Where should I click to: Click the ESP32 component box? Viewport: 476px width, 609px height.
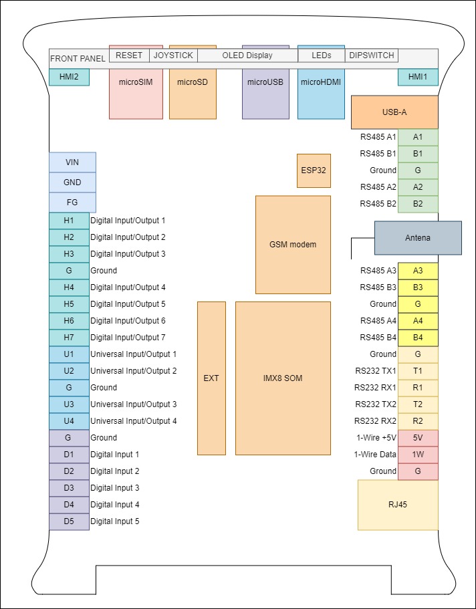click(314, 170)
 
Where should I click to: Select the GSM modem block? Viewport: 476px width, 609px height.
click(293, 244)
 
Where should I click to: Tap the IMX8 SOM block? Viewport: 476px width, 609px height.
click(283, 378)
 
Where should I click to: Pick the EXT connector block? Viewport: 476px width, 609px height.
click(211, 378)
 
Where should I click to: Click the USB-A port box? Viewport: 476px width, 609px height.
click(394, 112)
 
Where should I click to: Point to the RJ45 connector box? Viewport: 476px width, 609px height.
click(398, 505)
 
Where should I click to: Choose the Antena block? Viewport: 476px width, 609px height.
click(418, 238)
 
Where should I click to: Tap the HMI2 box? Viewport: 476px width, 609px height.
click(69, 78)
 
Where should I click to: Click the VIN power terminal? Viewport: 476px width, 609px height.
click(72, 162)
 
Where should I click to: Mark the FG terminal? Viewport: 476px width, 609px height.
click(72, 203)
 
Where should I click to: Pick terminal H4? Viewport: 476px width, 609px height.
click(69, 287)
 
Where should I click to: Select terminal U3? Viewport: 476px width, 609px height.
click(69, 404)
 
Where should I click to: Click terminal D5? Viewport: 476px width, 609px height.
click(69, 521)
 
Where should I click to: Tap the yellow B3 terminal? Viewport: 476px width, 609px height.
click(418, 287)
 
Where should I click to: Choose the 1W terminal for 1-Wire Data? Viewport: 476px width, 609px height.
click(418, 455)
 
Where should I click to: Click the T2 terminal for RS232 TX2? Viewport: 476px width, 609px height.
click(418, 404)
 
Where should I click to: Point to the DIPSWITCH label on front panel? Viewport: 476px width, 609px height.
click(372, 55)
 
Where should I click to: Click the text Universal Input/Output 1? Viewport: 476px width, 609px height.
click(133, 354)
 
